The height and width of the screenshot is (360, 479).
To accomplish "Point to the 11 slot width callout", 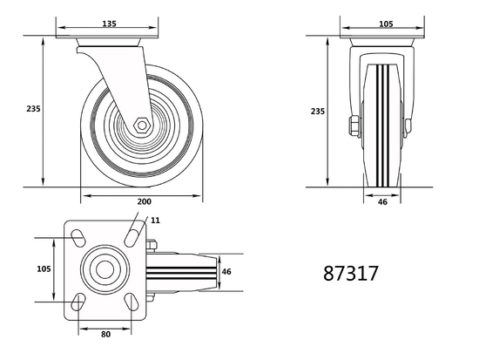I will pos(155,221).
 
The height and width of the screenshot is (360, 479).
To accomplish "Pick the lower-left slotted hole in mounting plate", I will pos(77,302).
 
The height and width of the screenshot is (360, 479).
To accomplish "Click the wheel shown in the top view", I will pos(183,270).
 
